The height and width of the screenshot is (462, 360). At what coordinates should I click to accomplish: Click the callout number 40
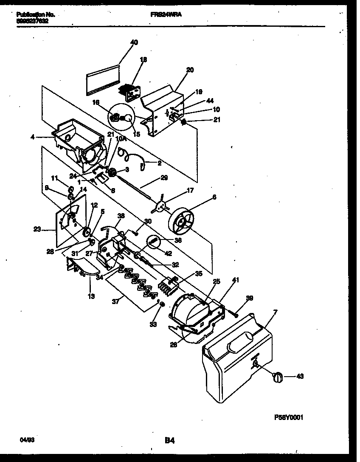pos(134,42)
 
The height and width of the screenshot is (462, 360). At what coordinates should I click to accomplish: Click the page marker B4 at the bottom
pos(170,441)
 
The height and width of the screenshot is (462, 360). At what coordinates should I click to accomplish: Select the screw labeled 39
pos(234,314)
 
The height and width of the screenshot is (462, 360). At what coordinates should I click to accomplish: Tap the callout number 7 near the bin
pos(275,312)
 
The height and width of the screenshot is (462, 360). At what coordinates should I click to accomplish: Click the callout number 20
pos(190,70)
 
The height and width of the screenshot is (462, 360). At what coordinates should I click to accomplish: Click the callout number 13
pos(90,296)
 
